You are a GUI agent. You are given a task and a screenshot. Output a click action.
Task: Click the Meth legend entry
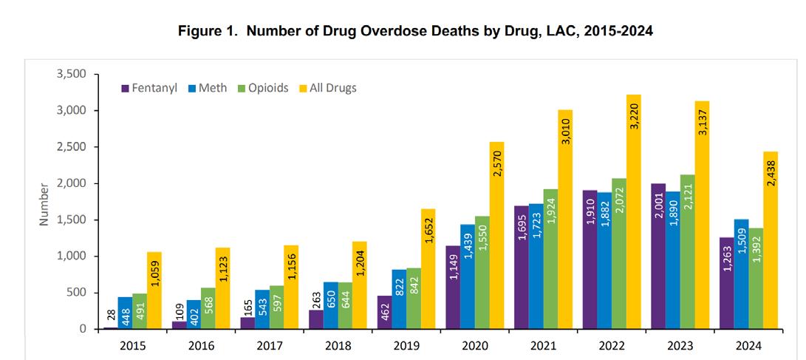211,88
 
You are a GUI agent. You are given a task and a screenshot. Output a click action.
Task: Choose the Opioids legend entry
263,88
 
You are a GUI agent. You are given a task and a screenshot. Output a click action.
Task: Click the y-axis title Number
44,203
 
